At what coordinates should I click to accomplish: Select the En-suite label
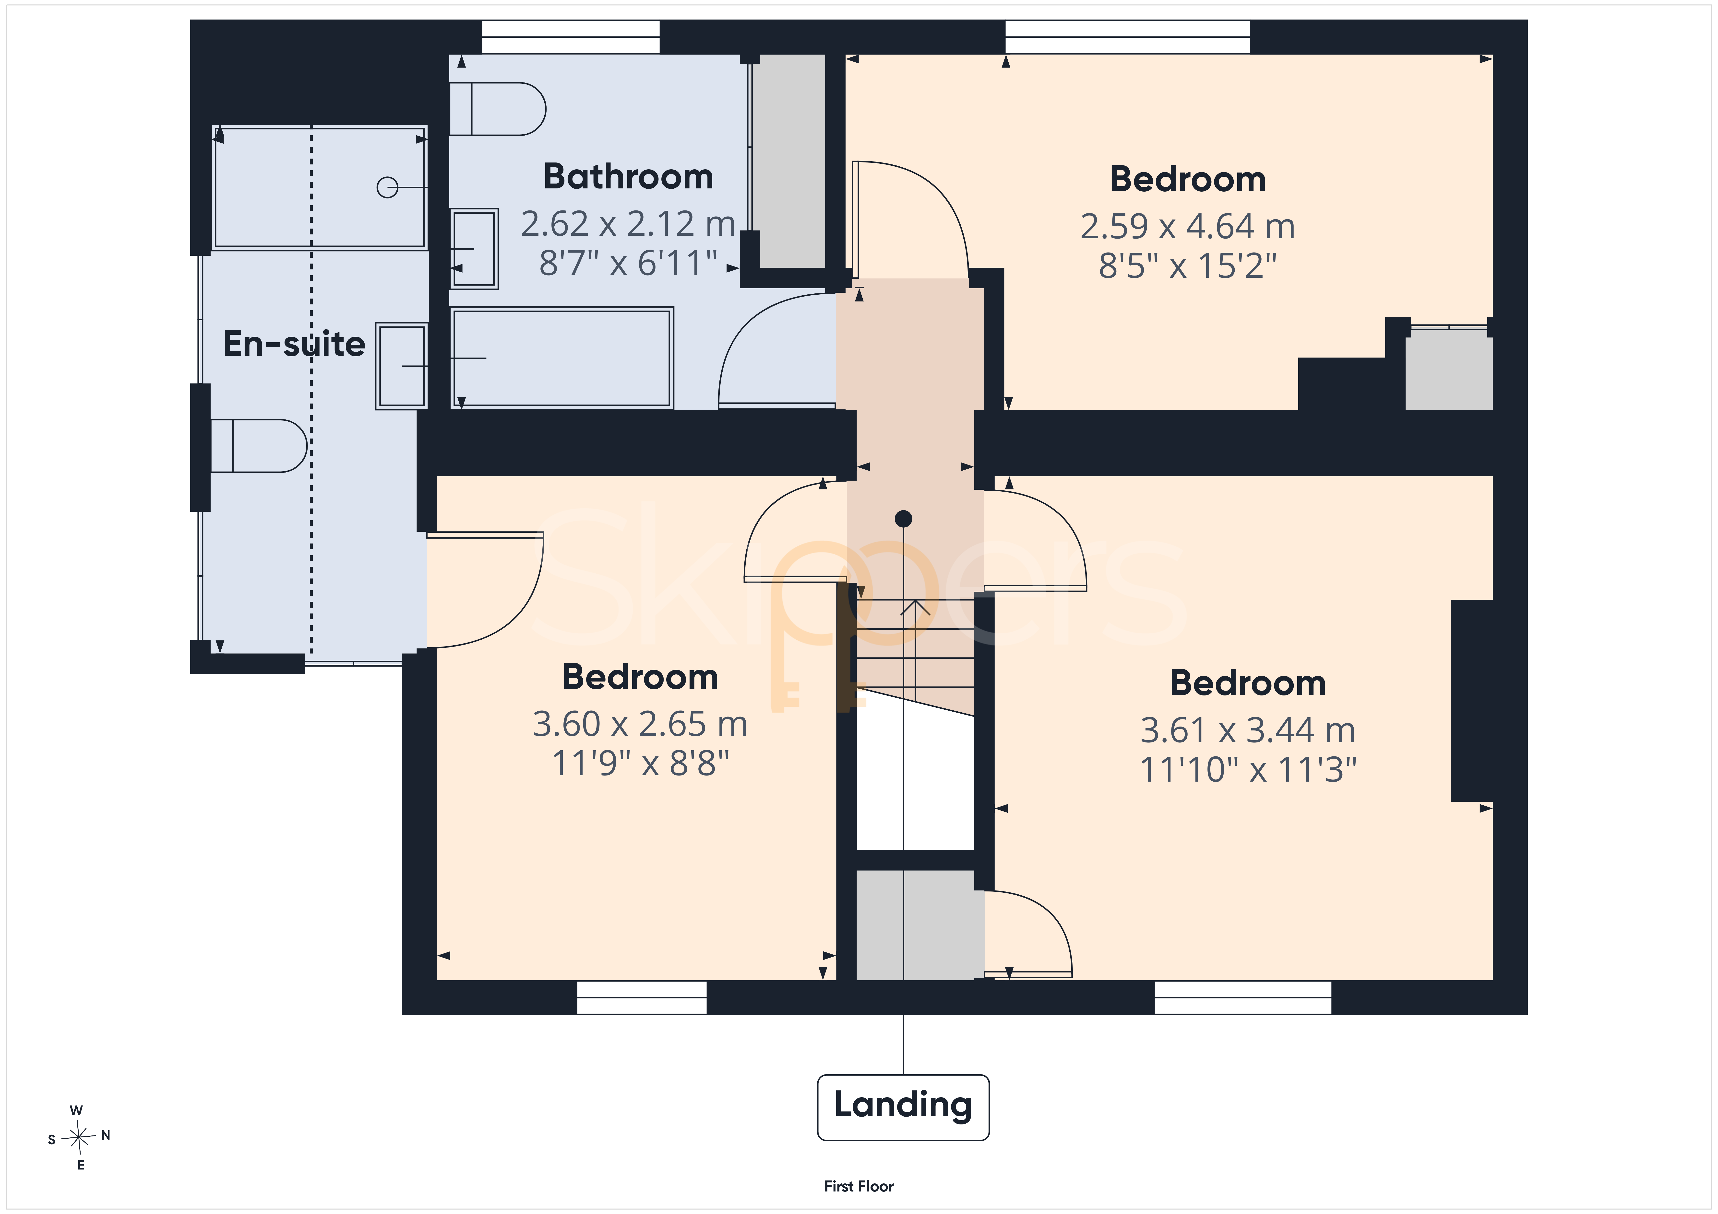click(294, 344)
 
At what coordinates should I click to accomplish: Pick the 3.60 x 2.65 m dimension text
click(640, 724)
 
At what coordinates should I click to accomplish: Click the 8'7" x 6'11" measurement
click(629, 263)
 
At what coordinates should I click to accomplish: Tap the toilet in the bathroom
click(498, 108)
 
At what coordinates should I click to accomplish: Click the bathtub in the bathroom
click(562, 358)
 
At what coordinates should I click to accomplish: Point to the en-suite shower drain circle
click(387, 187)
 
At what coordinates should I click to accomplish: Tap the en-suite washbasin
click(402, 366)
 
